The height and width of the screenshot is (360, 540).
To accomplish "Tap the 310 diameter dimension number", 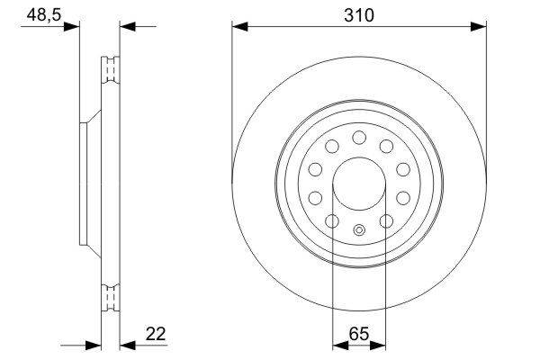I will (358, 15).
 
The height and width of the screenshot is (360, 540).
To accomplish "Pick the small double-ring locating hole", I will (358, 229).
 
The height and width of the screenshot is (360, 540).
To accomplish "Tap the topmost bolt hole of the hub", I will (358, 137).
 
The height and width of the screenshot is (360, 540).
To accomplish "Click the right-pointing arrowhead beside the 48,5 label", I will (72, 27).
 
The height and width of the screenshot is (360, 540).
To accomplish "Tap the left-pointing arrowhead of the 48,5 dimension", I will (126, 27).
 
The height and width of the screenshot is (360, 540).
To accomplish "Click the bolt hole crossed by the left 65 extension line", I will (332, 221).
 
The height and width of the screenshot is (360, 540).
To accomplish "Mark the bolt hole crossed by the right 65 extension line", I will (385, 221).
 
